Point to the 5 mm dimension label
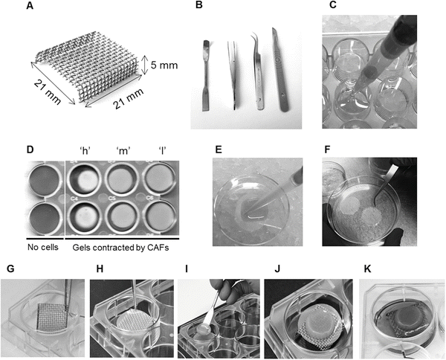coord(166,65)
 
